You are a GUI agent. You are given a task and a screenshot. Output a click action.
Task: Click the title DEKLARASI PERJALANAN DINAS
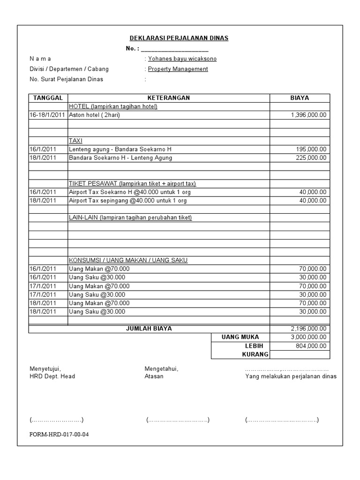coord(179,38)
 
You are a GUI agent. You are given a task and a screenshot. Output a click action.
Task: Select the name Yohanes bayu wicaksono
coord(182,59)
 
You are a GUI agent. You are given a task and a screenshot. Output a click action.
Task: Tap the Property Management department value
coord(178,69)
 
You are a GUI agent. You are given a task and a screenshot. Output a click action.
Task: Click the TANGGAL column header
coord(48,98)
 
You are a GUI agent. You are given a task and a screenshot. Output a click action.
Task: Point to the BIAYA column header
coord(300,98)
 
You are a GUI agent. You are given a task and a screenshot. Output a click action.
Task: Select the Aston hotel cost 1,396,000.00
coord(308,115)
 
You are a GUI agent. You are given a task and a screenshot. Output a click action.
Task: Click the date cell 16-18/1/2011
coord(47,115)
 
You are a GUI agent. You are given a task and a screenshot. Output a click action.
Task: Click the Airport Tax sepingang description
coord(127,201)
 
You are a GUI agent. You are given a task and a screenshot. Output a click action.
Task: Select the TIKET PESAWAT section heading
coord(132,183)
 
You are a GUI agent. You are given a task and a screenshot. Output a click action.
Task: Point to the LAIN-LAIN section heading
coord(130,217)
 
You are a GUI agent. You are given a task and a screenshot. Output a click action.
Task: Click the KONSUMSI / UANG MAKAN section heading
coord(128,260)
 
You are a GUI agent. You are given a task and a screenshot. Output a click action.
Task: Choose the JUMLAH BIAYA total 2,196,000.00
coord(308,329)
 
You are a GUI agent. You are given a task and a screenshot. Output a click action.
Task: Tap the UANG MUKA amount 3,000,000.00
coord(308,337)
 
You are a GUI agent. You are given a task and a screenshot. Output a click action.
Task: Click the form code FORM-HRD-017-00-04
coord(59,434)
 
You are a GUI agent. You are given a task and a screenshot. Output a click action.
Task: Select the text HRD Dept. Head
coord(52,376)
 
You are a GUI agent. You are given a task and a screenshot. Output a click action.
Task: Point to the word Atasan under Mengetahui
coord(154,376)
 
